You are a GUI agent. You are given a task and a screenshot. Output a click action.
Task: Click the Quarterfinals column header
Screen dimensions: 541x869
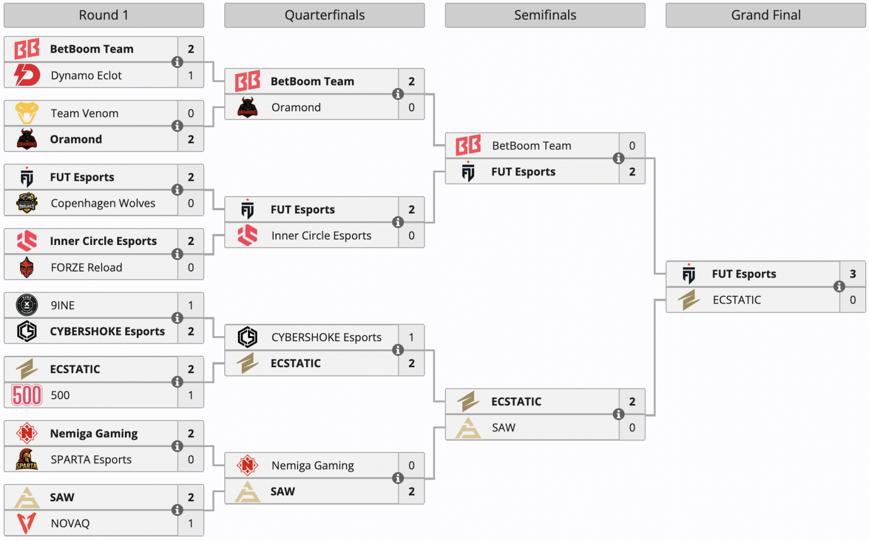324,15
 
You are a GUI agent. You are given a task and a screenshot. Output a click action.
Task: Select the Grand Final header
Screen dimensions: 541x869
765,15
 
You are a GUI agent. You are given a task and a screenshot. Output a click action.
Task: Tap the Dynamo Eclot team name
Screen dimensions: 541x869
86,76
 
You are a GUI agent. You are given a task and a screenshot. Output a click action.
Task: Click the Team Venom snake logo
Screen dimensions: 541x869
27,113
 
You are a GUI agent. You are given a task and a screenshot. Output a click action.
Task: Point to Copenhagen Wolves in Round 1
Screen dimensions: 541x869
103,203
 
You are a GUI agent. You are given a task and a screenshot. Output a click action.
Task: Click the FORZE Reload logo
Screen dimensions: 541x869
27,267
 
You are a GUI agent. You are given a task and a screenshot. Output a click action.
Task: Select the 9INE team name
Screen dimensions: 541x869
62,305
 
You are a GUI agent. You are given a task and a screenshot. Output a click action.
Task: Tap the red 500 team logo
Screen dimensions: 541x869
27,395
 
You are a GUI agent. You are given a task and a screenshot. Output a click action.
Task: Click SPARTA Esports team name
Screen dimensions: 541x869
91,460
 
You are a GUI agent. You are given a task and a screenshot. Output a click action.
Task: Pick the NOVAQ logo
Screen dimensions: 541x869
27,523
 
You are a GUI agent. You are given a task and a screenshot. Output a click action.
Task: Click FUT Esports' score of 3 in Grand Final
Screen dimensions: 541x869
853,274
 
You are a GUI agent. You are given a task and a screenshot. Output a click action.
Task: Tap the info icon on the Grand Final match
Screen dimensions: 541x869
839,286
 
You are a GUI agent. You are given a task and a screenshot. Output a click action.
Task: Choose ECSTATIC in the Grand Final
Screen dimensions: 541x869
736,300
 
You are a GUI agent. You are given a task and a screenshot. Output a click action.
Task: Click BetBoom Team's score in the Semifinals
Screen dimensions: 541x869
632,146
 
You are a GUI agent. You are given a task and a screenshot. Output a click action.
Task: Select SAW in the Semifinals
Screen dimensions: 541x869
503,427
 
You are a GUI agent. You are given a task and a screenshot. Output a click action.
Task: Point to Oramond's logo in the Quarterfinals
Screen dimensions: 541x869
248,108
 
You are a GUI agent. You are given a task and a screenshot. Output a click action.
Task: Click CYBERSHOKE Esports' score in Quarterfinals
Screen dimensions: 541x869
411,337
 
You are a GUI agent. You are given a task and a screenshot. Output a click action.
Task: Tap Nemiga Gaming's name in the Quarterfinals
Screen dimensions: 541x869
312,465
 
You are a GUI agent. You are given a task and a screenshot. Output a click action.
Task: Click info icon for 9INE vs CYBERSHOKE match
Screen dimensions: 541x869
177,318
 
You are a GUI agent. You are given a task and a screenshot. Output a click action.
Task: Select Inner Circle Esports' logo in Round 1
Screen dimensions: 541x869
27,241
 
